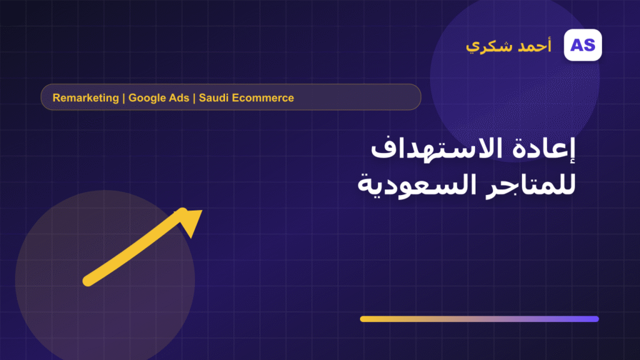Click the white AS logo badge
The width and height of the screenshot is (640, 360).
coord(582,45)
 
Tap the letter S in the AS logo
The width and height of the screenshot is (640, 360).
coord(589,45)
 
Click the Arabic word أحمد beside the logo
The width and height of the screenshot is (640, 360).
coord(534,45)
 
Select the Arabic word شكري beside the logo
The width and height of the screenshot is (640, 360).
coord(489,46)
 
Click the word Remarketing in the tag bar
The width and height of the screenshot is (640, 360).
coord(86,98)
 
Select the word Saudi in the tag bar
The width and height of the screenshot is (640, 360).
coord(214,98)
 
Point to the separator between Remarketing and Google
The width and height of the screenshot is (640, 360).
coord(124,98)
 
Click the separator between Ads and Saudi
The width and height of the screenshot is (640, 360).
coord(194,98)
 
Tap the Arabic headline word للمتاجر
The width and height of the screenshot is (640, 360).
coord(531,185)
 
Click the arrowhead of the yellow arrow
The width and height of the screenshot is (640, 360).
coord(191,221)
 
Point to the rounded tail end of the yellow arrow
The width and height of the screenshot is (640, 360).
coord(87,281)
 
